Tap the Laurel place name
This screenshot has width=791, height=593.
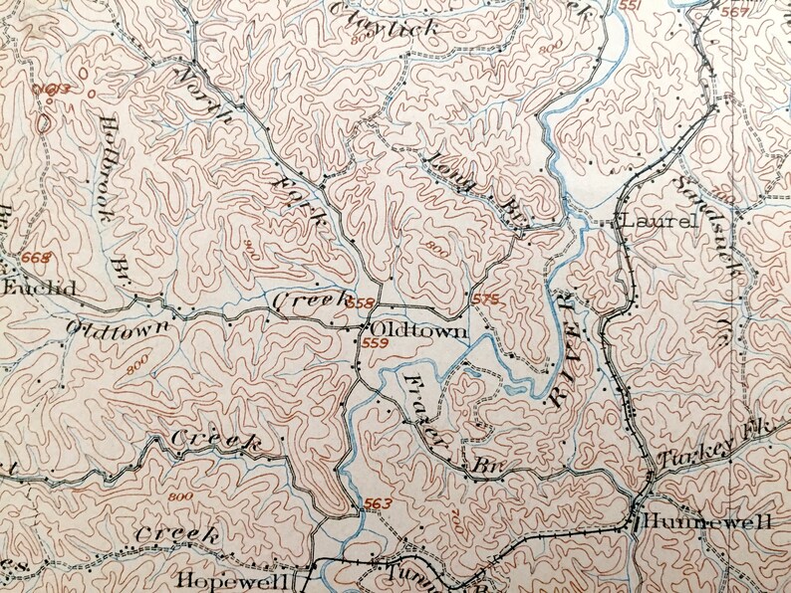coord(658,222)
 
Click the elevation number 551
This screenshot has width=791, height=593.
coord(631,6)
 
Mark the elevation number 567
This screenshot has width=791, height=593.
coord(762,12)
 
